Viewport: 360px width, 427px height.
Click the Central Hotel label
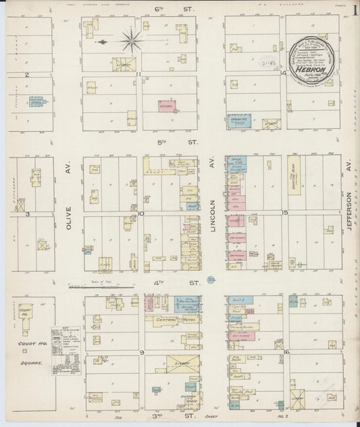pyautogui.click(x=169, y=318)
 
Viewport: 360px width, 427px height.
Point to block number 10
pyautogui.click(x=141, y=214)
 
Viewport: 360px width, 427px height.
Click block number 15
pyautogui.click(x=286, y=213)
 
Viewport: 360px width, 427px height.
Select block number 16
pyautogui.click(x=286, y=352)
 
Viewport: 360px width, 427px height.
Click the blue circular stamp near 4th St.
pyautogui.click(x=211, y=278)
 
